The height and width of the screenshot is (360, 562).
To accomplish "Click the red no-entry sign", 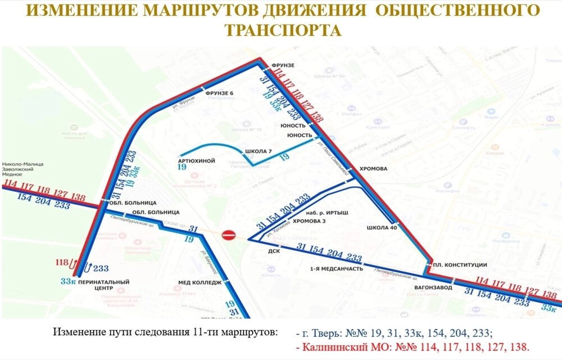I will [228, 235].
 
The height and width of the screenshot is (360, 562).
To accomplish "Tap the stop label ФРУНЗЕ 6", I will [219, 92].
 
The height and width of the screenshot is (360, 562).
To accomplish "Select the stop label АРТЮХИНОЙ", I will [196, 161].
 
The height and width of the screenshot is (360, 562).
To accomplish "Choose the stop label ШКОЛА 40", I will [382, 228].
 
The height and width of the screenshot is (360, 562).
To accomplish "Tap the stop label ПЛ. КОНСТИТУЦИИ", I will [459, 265].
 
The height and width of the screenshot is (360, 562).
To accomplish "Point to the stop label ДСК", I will [273, 251].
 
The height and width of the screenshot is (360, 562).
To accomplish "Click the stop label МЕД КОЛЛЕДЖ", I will [200, 282].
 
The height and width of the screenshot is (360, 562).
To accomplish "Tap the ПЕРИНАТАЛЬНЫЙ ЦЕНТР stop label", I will [104, 285].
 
